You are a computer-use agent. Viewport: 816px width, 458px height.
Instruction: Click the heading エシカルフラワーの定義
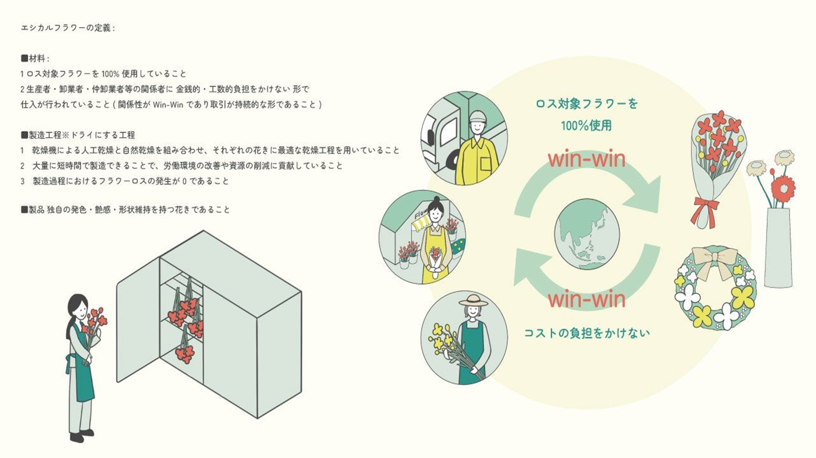[67, 28]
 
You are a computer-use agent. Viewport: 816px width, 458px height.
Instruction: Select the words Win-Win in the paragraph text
[168, 105]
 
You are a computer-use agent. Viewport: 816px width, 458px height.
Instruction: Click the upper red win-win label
[587, 159]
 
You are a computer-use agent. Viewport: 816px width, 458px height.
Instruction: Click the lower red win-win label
[587, 299]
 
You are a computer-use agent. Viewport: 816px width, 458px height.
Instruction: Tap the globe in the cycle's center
[587, 234]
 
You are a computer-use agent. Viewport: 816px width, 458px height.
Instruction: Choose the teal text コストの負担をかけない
[587, 333]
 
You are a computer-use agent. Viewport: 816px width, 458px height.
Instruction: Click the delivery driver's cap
[477, 116]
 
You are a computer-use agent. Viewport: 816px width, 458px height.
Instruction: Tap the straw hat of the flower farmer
[473, 300]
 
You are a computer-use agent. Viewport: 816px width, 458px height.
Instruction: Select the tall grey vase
[778, 247]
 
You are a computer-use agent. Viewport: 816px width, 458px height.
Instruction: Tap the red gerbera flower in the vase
[783, 188]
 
